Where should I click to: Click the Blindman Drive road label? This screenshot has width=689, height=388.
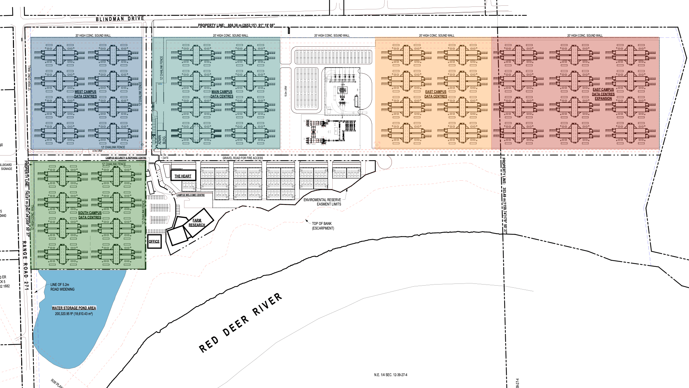click(x=120, y=19)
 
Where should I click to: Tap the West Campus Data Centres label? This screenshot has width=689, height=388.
click(x=85, y=94)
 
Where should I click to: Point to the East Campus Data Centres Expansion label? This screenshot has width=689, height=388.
click(x=603, y=94)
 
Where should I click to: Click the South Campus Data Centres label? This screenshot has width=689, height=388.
click(x=90, y=215)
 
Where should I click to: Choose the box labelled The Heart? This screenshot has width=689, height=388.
click(x=183, y=175)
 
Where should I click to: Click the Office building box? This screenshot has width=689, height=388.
click(x=154, y=241)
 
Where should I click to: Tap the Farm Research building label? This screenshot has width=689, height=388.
click(x=197, y=223)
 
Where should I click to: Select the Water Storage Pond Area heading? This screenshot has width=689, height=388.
click(x=74, y=308)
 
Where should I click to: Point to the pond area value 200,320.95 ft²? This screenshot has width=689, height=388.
click(x=74, y=314)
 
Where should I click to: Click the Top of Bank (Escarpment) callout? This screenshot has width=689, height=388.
click(x=323, y=226)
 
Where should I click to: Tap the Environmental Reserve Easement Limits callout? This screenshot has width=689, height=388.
click(x=322, y=202)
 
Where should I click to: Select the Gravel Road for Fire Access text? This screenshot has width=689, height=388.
click(x=243, y=158)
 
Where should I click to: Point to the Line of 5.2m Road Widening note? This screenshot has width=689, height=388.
click(x=62, y=287)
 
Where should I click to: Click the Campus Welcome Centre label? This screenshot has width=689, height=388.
click(x=190, y=195)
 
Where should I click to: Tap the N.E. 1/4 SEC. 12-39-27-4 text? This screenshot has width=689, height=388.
click(x=390, y=375)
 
